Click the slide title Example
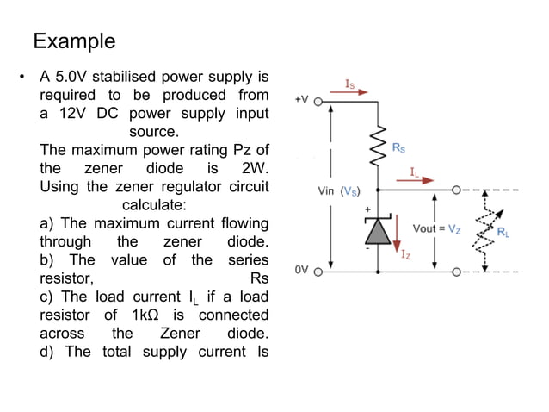pos(74,41)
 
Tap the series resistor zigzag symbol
pos(377,147)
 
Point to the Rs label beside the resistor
pos(399,148)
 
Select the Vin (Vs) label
pos(339,190)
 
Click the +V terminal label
pos(301,100)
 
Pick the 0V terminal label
pos(301,269)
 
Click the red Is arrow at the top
pos(356,90)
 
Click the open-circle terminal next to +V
pos(317,101)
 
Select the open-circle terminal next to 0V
pos(317,270)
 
